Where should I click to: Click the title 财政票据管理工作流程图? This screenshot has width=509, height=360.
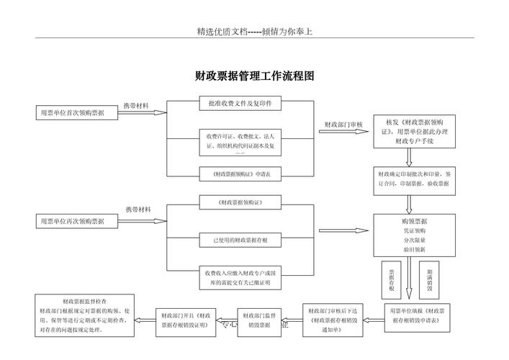point(254,76)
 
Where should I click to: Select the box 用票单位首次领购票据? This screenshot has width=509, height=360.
point(72,113)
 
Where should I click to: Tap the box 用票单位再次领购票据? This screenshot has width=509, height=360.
point(72,221)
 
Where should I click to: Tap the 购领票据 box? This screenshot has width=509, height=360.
point(414,235)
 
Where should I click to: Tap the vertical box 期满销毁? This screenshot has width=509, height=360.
point(430,278)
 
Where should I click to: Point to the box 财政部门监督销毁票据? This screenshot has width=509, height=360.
point(258,320)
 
